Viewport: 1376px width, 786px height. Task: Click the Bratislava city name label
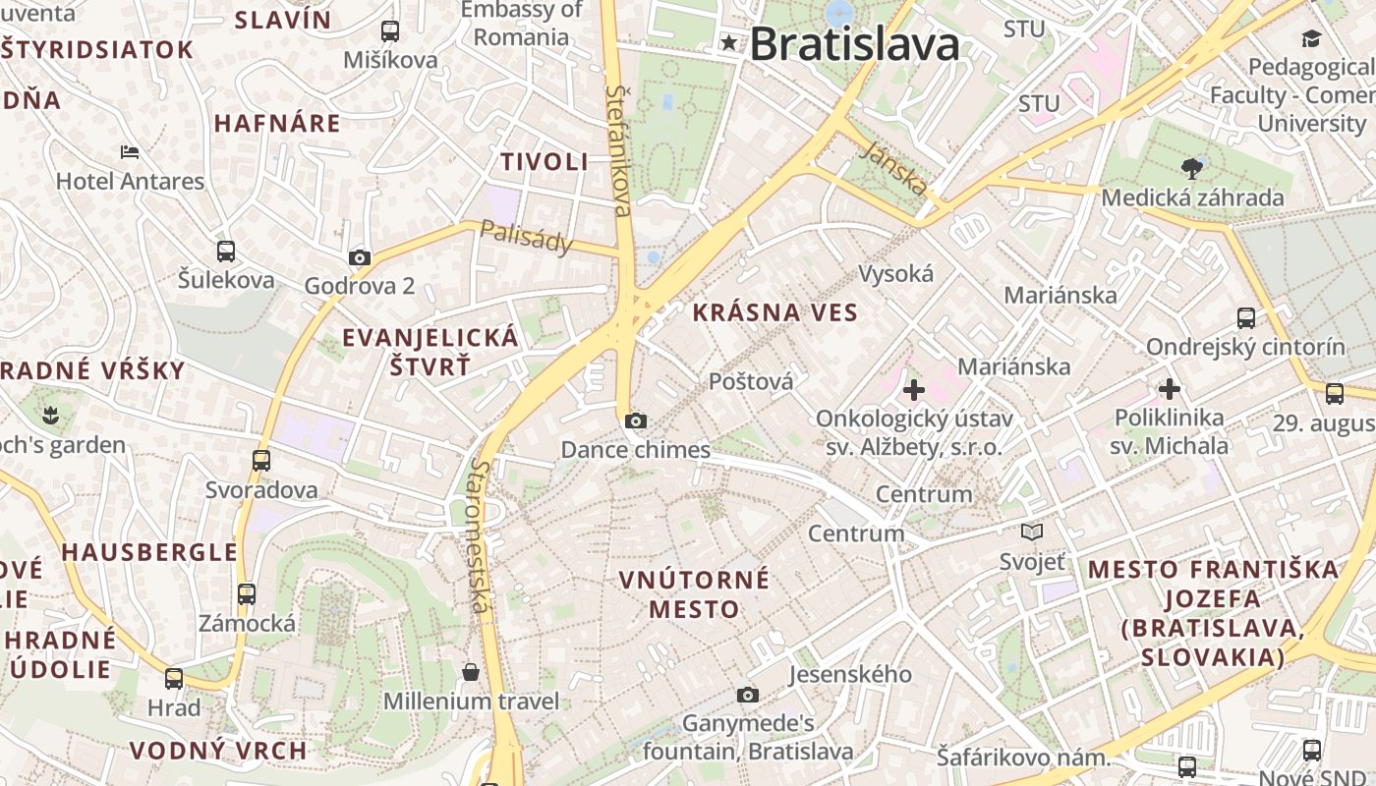point(854,44)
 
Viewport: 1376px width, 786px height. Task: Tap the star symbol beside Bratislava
point(729,42)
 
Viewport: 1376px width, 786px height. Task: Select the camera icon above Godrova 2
point(360,258)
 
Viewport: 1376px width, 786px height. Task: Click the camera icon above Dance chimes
point(636,421)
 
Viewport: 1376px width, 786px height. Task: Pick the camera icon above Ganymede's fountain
point(748,696)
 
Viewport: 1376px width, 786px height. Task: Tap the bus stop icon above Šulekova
point(226,252)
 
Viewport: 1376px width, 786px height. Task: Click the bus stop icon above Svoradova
point(261,461)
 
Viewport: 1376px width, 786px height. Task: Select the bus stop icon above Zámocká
point(247,594)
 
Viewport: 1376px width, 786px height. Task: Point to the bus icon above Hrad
point(174,679)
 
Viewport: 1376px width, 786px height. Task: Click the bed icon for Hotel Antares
point(130,152)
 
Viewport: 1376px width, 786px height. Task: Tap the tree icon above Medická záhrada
point(1191,168)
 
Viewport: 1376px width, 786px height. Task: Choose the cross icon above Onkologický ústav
point(914,390)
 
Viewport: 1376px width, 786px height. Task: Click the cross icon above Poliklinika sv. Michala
point(1169,389)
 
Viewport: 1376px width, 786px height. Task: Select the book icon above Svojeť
point(1032,533)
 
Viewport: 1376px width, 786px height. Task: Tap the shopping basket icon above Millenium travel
point(471,672)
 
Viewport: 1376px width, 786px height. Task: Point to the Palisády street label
point(526,237)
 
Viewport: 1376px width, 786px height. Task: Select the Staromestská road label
point(480,535)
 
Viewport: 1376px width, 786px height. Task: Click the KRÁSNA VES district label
point(775,313)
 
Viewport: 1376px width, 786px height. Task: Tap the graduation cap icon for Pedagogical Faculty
point(1311,39)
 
